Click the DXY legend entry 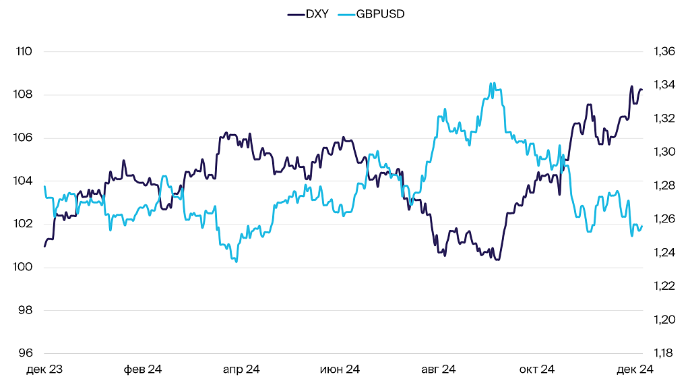pos(308,13)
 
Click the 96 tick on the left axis pos(25,353)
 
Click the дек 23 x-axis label pos(44,369)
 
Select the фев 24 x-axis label pos(143,369)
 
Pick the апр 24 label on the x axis pos(241,369)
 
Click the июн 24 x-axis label pos(340,369)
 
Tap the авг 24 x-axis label pos(438,369)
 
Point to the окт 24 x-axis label pos(536,369)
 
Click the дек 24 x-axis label pos(635,369)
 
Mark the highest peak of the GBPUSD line pos(493,83)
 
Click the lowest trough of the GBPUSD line pos(236,262)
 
